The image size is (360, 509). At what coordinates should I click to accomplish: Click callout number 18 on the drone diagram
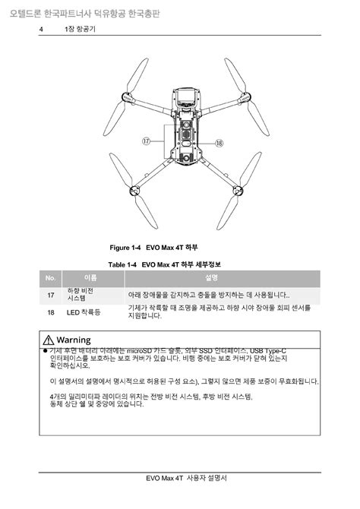(x=218, y=142)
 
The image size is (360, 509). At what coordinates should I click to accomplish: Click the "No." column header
(x=50, y=278)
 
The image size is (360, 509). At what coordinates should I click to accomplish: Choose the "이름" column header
(x=90, y=278)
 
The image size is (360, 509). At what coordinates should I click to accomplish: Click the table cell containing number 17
(x=51, y=295)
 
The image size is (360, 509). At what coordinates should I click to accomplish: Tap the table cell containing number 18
(x=51, y=311)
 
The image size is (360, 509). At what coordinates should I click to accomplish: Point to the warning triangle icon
(x=49, y=339)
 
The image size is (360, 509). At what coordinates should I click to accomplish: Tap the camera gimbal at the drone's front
(x=184, y=100)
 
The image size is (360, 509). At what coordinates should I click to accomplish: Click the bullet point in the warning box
(x=46, y=350)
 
